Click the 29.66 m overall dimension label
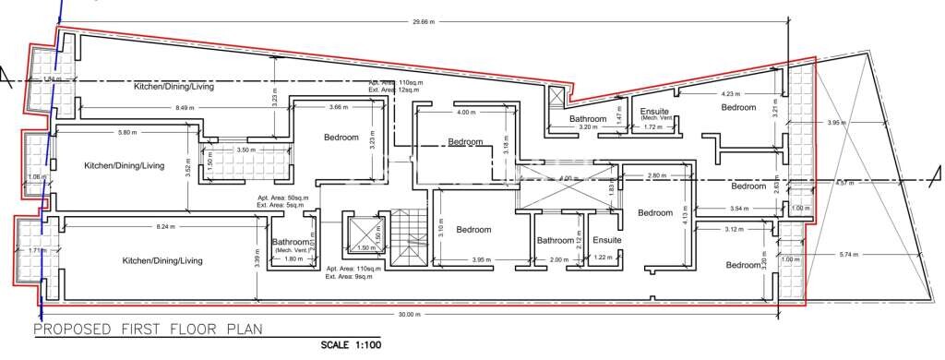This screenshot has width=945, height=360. pos(425,21)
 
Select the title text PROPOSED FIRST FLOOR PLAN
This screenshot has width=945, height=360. pos(148,329)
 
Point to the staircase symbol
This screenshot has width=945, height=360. pos(405,237)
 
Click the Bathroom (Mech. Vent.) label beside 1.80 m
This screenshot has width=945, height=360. pos(292,246)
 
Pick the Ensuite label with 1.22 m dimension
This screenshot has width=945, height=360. pos(605,241)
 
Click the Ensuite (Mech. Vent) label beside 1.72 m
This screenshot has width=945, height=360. pos(654,114)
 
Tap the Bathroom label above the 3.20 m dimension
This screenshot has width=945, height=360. pos(587,120)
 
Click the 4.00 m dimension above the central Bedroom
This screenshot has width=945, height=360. pos(466,113)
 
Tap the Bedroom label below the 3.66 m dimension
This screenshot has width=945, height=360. pos(341,138)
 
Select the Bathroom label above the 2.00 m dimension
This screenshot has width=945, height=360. pos(556,241)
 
